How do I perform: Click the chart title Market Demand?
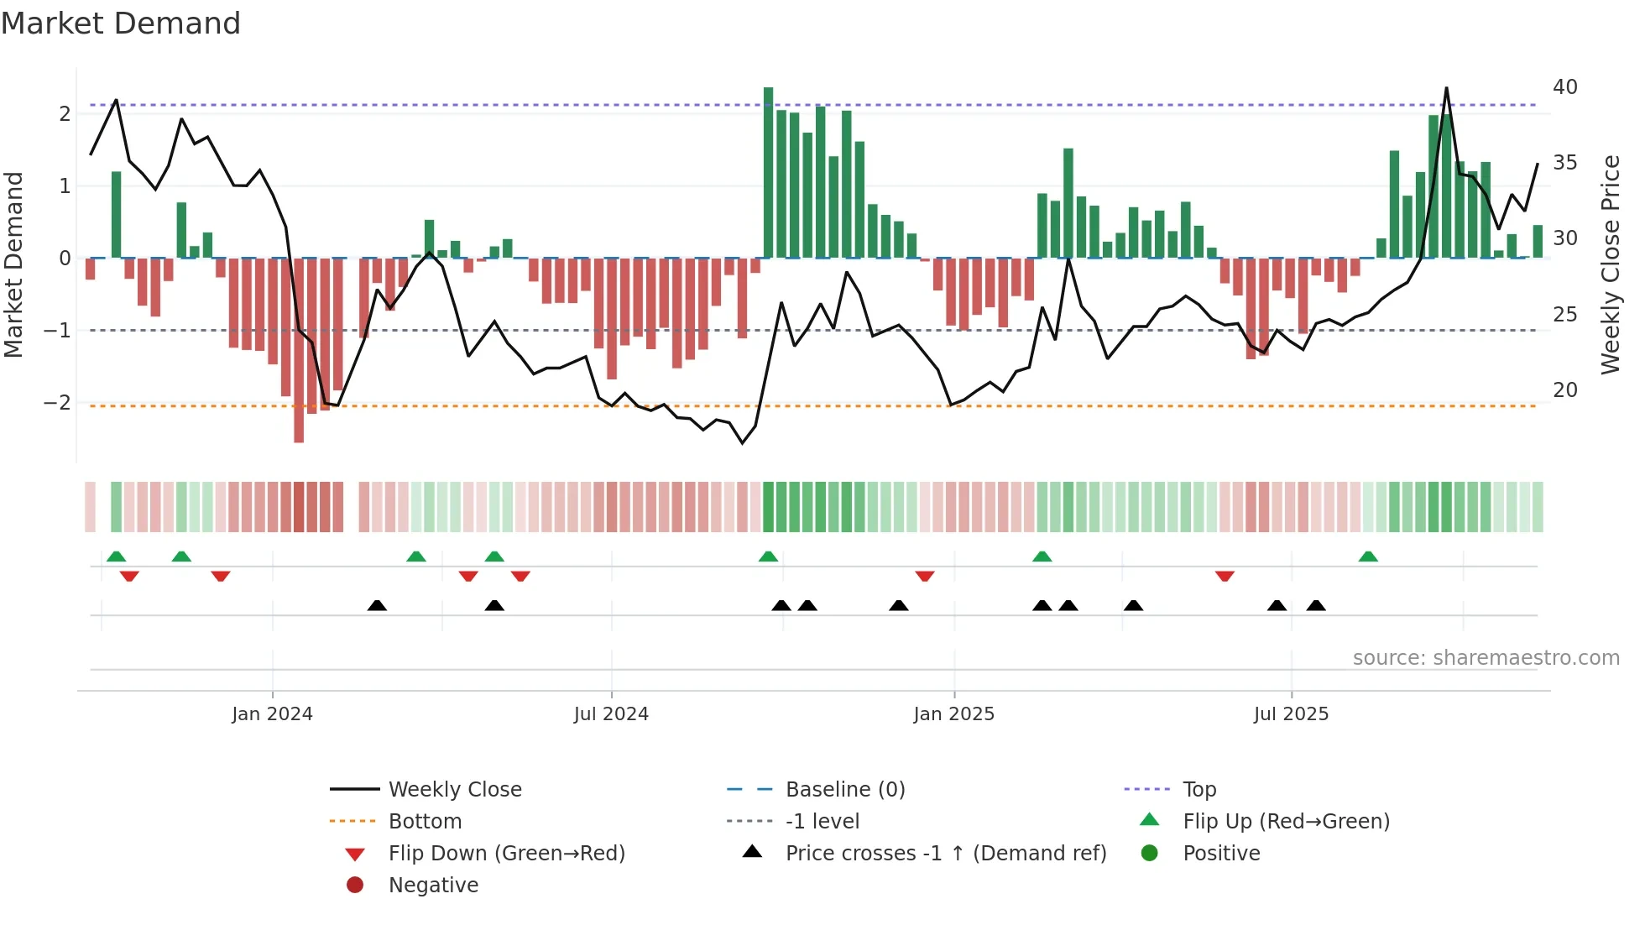click(121, 24)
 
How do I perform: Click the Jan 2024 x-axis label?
click(272, 714)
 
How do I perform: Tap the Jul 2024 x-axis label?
click(611, 714)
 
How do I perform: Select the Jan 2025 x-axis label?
click(953, 714)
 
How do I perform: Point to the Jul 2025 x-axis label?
click(1291, 714)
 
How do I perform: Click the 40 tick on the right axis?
click(1564, 87)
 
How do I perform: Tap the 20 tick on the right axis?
click(1564, 390)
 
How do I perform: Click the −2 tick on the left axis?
click(57, 403)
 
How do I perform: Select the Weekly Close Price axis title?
click(1610, 264)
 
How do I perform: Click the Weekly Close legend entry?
click(455, 790)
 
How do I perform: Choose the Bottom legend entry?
click(425, 822)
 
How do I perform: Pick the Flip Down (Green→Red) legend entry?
click(506, 854)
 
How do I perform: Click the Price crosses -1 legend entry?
click(946, 854)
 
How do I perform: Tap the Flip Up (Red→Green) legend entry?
click(1286, 822)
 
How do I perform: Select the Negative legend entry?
click(433, 886)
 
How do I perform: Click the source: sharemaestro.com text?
click(1486, 658)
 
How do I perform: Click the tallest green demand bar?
click(768, 172)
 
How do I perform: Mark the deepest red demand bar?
click(299, 350)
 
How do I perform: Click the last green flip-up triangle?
click(1368, 557)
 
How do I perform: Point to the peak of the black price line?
click(1446, 88)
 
